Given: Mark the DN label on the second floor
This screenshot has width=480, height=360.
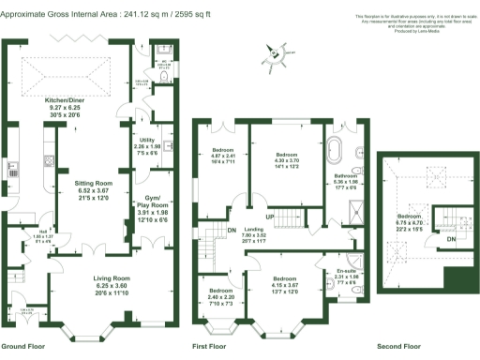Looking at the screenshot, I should [x=451, y=239].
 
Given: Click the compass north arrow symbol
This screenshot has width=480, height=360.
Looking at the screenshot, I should [x=276, y=53].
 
